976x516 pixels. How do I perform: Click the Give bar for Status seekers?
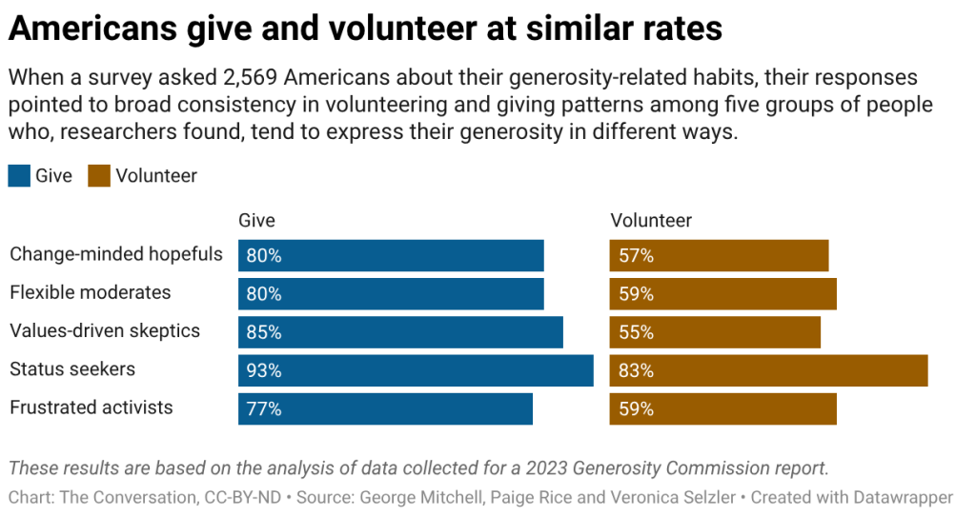click(416, 370)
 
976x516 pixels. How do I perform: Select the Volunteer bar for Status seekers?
click(768, 370)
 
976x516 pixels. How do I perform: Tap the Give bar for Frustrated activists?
click(385, 408)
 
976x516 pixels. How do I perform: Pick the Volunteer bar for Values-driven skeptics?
click(715, 332)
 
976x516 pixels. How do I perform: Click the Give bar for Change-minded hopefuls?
click(391, 256)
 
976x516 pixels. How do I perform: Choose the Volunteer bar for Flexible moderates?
click(722, 294)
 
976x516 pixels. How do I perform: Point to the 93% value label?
click(264, 370)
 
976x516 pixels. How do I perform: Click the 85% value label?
click(264, 332)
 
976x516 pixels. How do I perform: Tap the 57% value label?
click(636, 256)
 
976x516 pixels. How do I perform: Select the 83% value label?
click(636, 370)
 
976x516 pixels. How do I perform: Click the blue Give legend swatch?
click(19, 175)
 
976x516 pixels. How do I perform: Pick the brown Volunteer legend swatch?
click(99, 175)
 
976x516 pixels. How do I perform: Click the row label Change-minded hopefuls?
click(116, 254)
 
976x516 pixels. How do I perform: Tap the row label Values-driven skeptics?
click(105, 330)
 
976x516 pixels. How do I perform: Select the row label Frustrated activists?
click(91, 407)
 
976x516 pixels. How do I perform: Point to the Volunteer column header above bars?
click(651, 221)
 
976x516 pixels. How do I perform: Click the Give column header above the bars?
click(256, 221)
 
